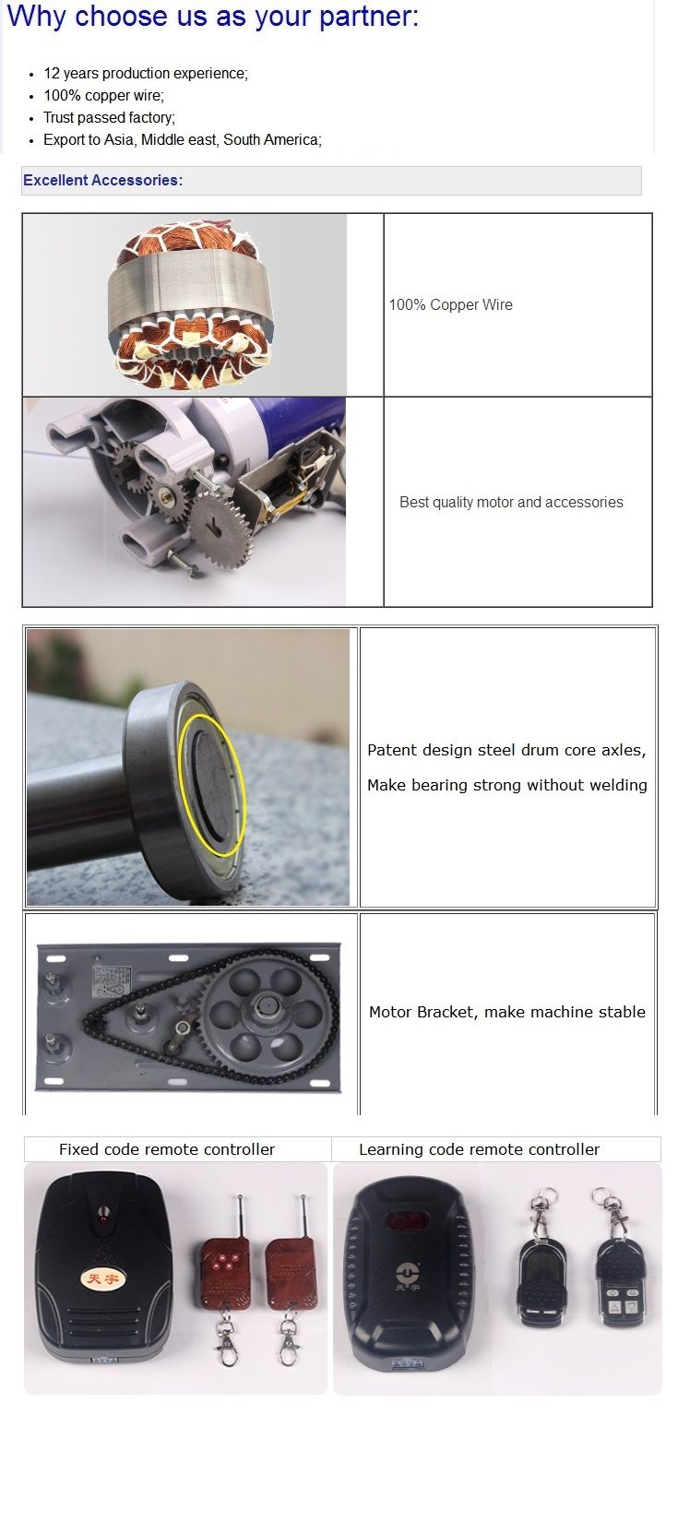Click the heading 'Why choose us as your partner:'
click(x=212, y=17)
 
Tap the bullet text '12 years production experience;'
click(x=146, y=73)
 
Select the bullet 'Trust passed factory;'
click(x=110, y=118)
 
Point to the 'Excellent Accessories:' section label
click(x=102, y=180)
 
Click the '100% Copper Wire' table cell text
click(x=450, y=304)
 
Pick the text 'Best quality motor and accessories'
click(x=511, y=502)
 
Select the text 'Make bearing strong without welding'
click(x=507, y=785)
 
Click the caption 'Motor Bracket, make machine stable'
click(x=507, y=1012)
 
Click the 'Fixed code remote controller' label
click(x=167, y=1149)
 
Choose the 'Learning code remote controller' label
click(x=479, y=1149)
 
